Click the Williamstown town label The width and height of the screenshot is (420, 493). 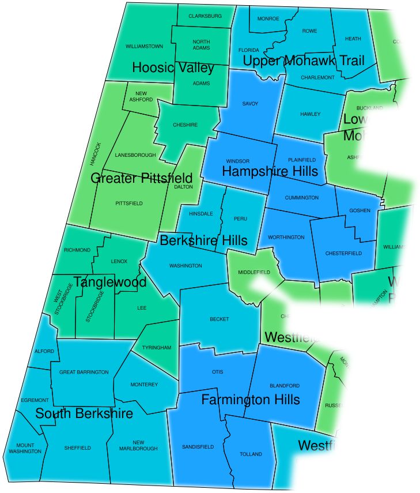coord(144,46)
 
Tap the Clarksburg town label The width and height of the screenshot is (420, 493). coord(205,16)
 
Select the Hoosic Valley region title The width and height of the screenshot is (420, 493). coord(173,67)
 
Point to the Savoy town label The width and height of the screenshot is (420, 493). coord(250,104)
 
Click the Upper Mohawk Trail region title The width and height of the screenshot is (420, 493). coord(304,61)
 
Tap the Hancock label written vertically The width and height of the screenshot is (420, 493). coord(97,154)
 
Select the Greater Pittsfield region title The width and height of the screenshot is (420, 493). coord(141,178)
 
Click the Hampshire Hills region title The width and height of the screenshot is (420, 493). coord(270,171)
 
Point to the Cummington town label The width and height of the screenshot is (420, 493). coord(301,198)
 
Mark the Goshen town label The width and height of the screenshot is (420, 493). coord(360,211)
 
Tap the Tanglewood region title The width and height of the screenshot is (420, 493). coord(109,283)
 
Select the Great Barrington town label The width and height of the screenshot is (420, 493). coord(84,372)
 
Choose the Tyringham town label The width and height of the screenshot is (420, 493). coord(157,348)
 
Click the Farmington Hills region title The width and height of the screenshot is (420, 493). coord(250,400)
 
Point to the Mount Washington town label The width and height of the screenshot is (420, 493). coord(25,448)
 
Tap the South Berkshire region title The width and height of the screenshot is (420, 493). coord(84,413)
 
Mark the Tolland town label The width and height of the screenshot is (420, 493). coord(251,454)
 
